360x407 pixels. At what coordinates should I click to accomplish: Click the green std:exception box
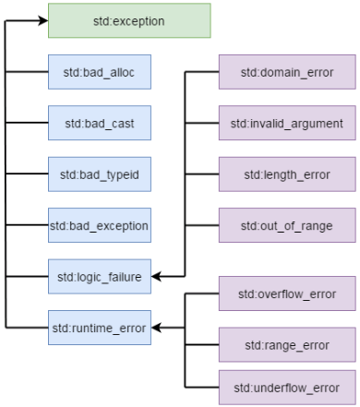click(129, 20)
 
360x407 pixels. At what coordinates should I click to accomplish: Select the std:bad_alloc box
click(99, 71)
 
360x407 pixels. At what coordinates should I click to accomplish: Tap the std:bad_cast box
click(99, 122)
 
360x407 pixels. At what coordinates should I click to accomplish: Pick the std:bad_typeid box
click(99, 174)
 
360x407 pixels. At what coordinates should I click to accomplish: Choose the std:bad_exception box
click(99, 224)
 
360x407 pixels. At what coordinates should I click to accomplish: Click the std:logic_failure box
click(99, 275)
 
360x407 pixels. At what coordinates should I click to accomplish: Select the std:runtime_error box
click(99, 327)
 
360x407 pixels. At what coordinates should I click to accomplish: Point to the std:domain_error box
click(286, 71)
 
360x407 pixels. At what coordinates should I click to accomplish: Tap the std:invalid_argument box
click(286, 122)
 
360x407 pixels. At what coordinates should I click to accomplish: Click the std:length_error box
click(286, 174)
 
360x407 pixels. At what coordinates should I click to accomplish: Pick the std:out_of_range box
click(286, 224)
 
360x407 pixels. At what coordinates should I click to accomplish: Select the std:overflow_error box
click(286, 293)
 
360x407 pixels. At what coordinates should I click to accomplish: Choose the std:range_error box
click(286, 344)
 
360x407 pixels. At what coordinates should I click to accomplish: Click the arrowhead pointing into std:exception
click(42, 20)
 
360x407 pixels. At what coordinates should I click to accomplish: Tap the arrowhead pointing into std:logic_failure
click(156, 275)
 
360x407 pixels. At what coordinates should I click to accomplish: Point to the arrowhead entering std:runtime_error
click(156, 327)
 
